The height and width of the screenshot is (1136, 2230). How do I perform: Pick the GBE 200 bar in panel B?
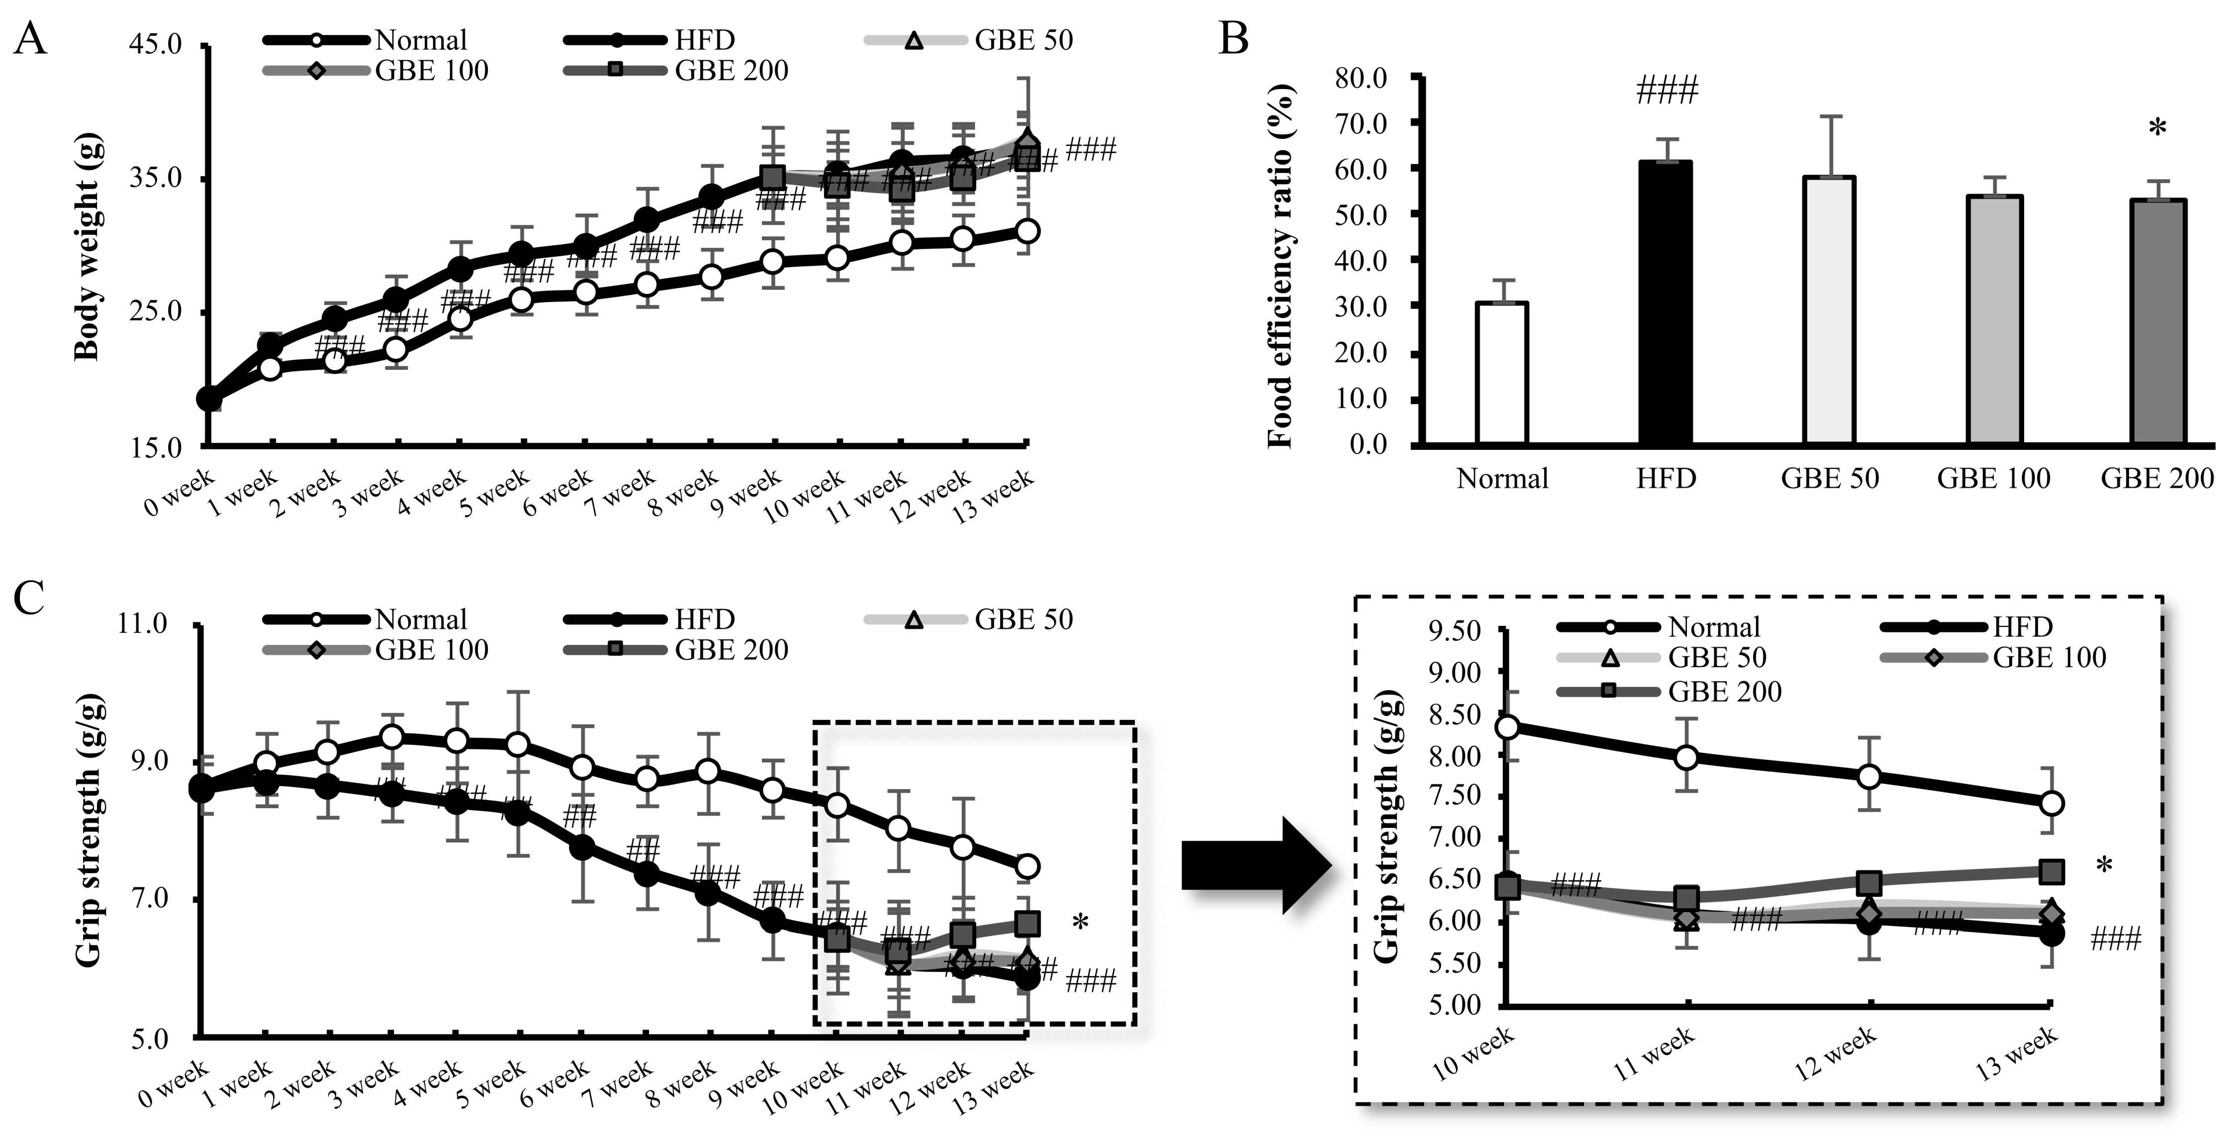[2155, 322]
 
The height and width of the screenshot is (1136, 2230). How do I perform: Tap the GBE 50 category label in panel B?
[1829, 479]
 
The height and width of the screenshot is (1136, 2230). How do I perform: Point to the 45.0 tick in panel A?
[155, 44]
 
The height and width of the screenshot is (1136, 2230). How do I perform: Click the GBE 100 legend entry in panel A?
[376, 70]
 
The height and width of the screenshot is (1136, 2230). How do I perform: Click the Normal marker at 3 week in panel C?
[392, 737]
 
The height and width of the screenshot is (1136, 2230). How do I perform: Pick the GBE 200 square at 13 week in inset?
[2051, 872]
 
